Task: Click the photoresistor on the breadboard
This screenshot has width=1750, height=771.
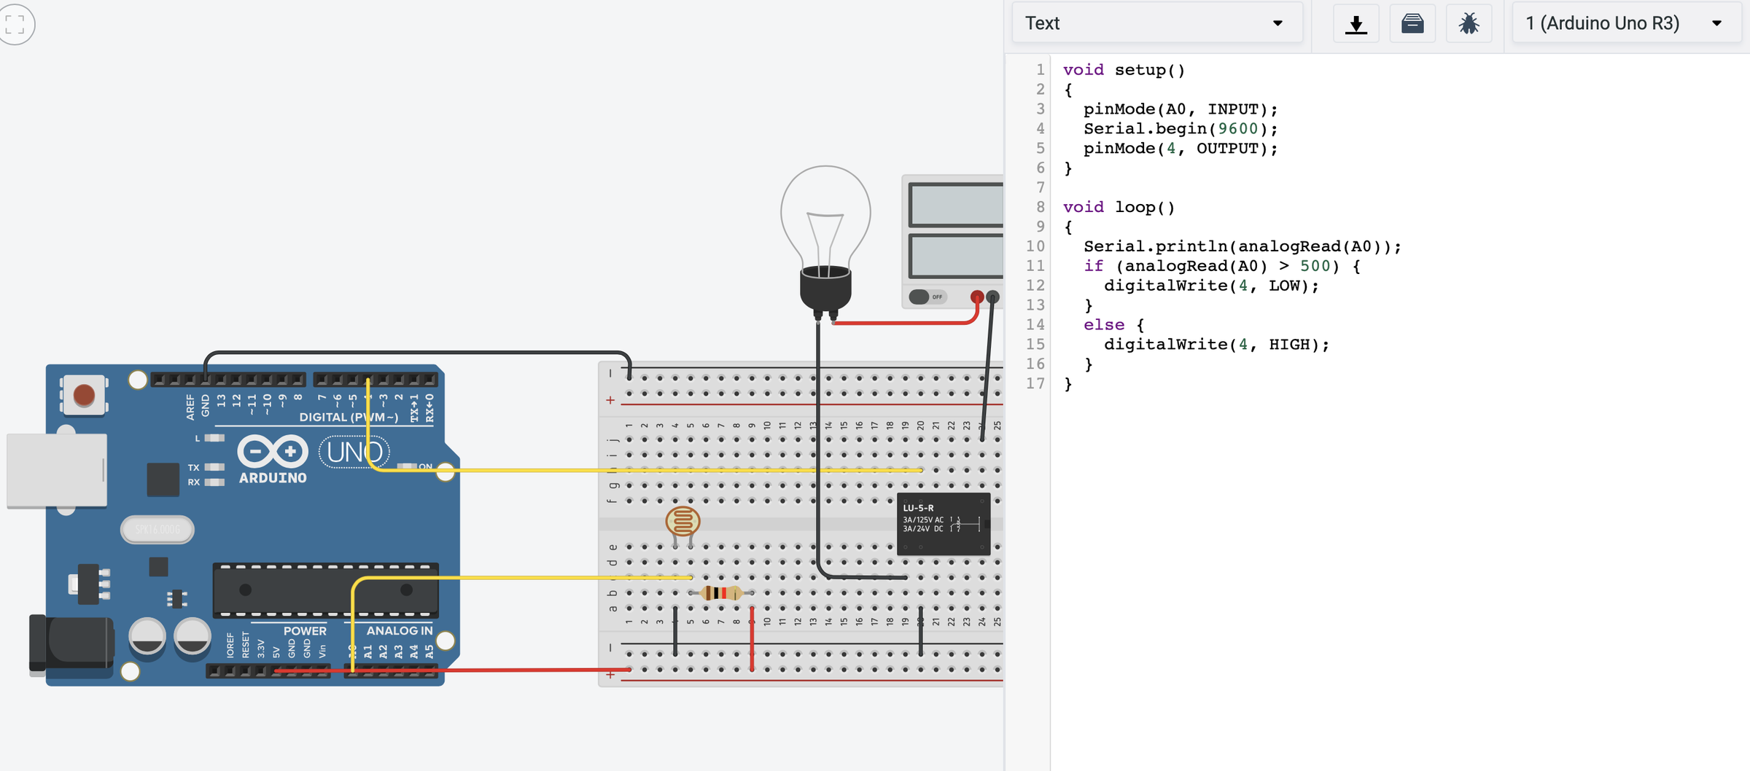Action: point(682,522)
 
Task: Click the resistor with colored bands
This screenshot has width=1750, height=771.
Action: point(720,593)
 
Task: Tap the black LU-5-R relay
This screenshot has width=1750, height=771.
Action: point(943,524)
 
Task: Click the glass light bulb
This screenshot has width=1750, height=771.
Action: point(825,219)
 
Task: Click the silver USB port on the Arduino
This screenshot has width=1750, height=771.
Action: point(57,470)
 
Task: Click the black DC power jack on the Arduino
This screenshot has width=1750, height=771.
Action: point(71,643)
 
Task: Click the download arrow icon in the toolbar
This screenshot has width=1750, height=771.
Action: point(1356,24)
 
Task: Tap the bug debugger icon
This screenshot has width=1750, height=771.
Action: point(1469,24)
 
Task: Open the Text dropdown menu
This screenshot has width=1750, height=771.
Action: point(1156,23)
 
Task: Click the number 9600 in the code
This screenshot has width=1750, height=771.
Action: point(1237,129)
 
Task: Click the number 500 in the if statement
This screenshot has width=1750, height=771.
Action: point(1314,266)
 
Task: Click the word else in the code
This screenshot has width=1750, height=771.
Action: point(1103,325)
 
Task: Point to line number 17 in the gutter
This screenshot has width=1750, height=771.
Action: point(1035,383)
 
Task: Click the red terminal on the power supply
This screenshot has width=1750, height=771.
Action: point(976,297)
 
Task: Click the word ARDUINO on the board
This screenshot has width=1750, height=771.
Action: point(273,478)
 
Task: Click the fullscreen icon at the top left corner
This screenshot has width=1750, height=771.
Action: point(15,24)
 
